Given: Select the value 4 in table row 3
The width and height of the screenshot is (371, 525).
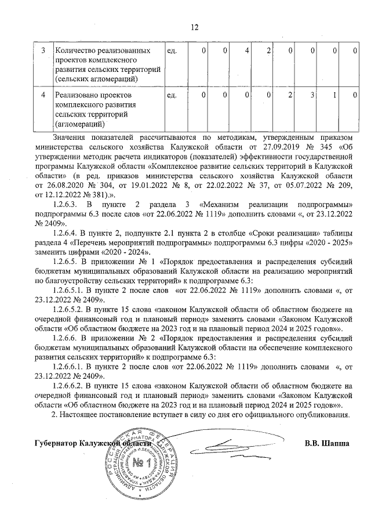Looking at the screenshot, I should tap(247, 52).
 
